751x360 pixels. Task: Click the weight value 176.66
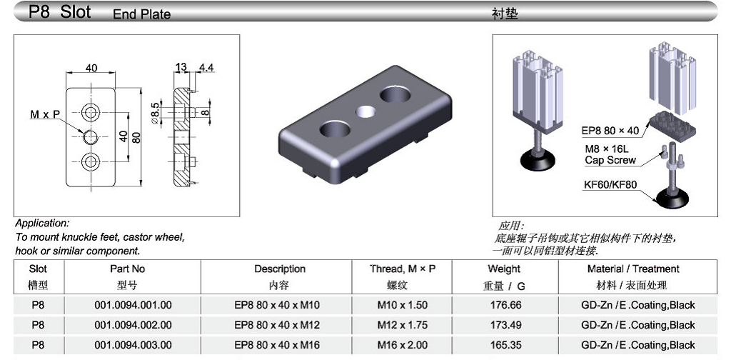505,305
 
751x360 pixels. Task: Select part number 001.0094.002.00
133,325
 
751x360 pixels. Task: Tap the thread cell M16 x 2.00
403,345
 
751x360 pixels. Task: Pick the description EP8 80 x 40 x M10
277,305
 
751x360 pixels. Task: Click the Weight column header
504,269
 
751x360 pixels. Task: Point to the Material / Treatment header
633,269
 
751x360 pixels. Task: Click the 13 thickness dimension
181,67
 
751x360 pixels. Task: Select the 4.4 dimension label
206,67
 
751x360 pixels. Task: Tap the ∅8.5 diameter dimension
154,113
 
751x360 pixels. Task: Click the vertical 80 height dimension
136,137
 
